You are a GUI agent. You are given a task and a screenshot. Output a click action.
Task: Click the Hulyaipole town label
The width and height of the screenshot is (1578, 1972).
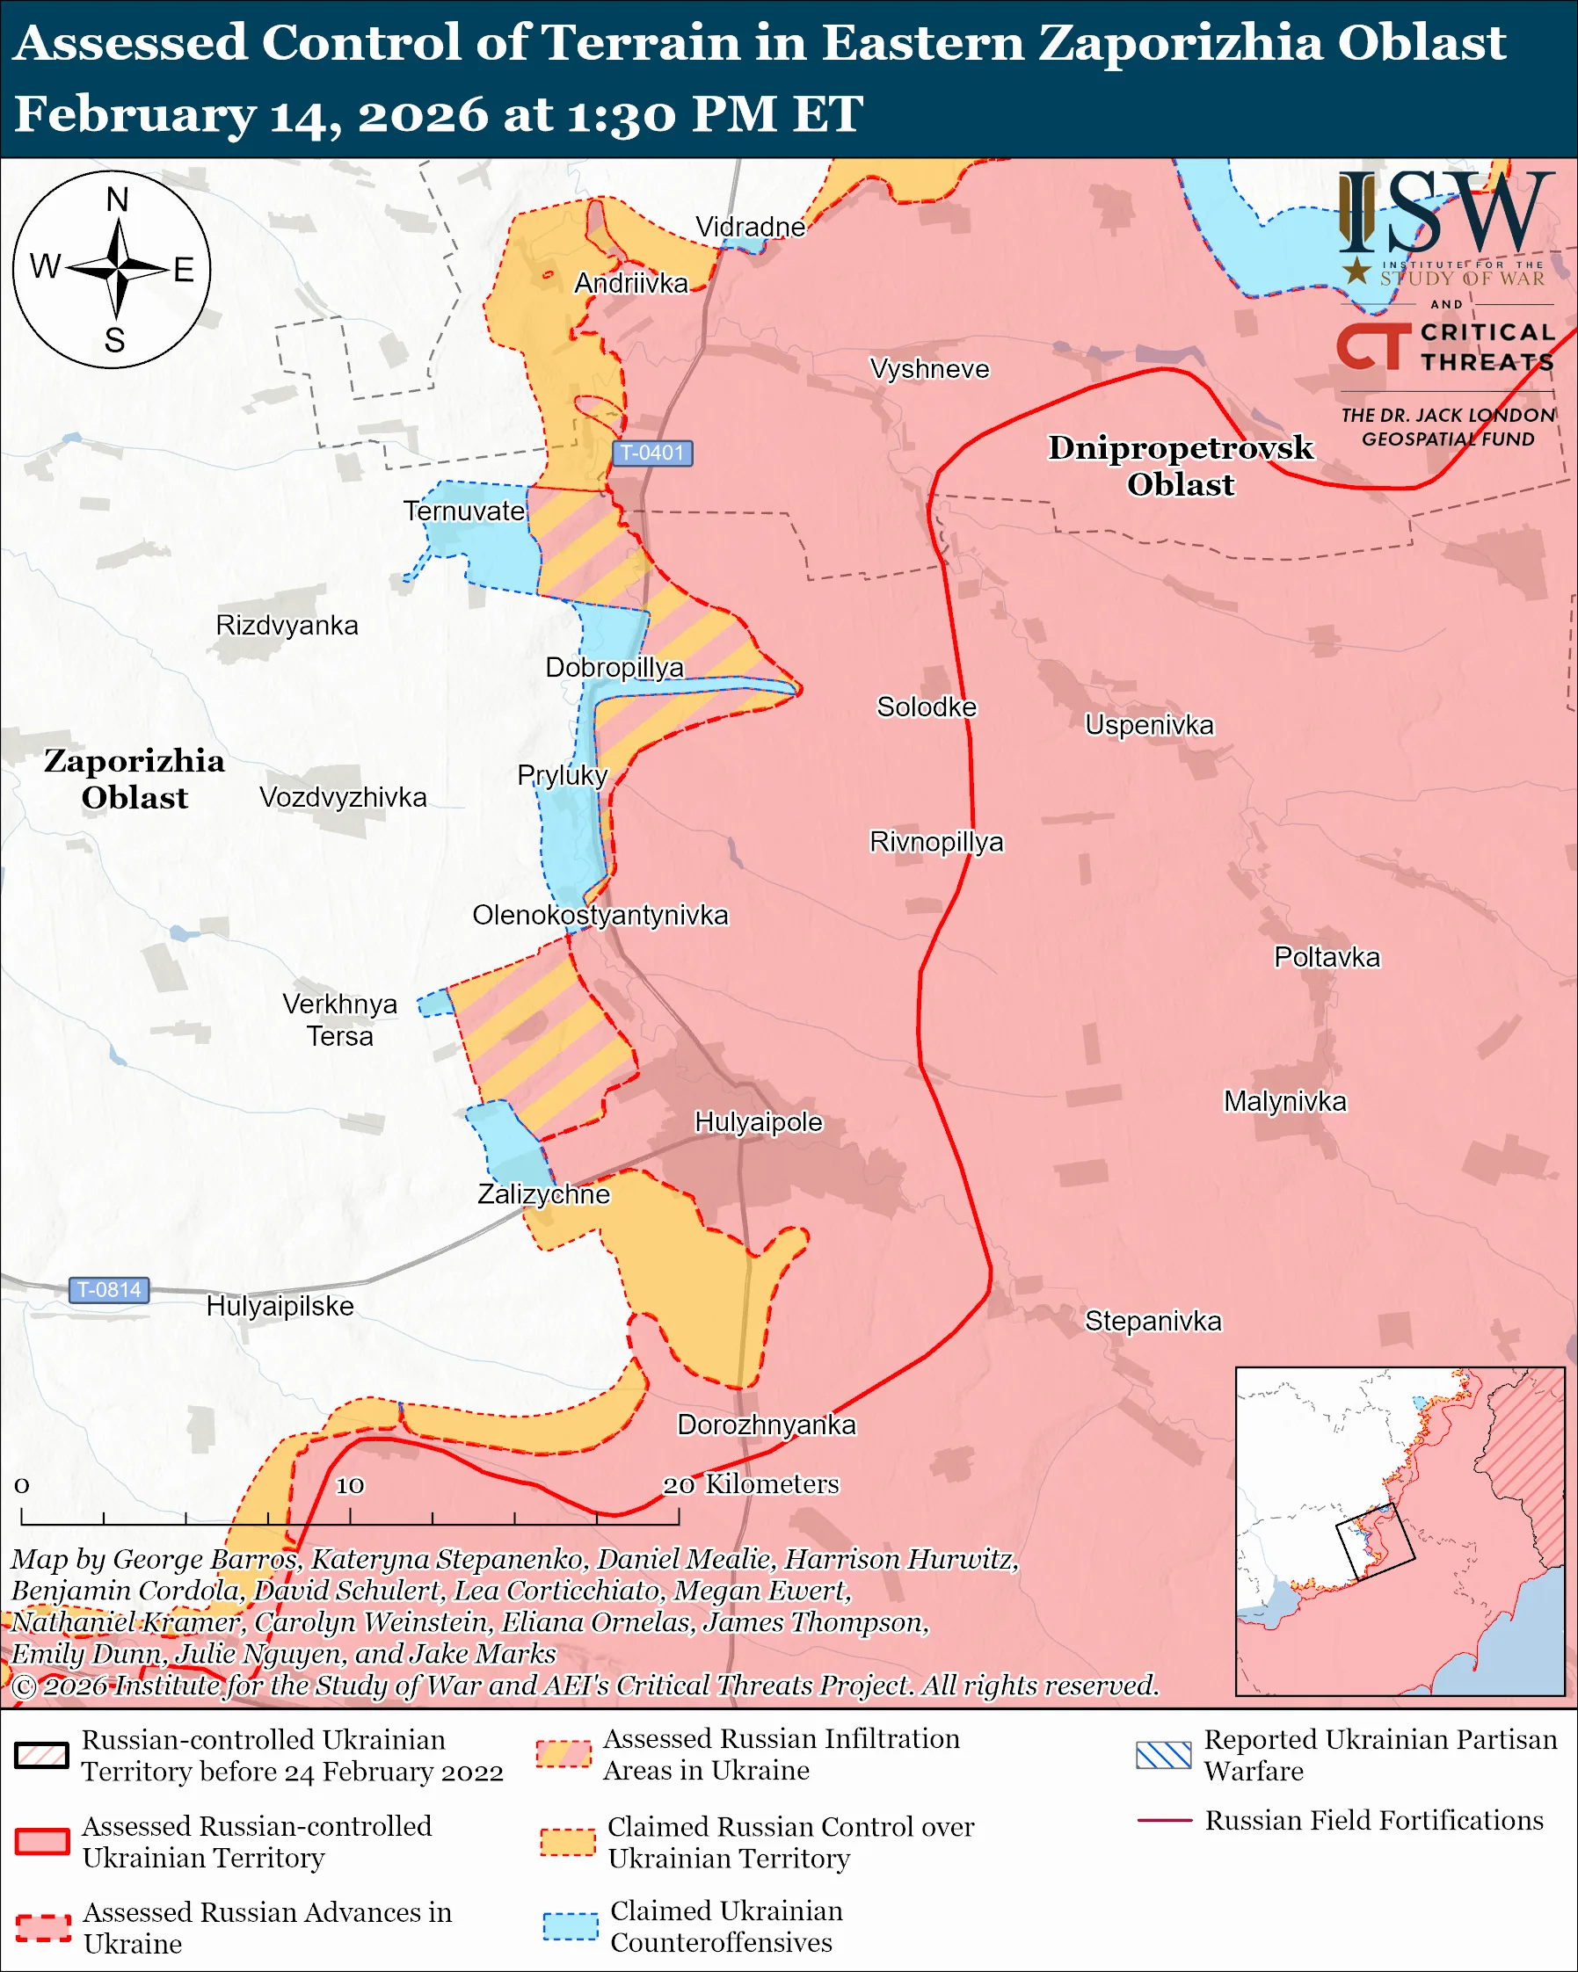[759, 1122]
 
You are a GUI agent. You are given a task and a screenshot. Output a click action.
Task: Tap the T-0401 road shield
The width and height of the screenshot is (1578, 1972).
[651, 453]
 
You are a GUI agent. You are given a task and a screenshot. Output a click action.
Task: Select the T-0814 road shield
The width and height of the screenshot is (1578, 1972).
[109, 1290]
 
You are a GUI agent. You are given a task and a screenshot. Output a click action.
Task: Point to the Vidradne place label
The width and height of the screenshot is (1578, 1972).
[750, 226]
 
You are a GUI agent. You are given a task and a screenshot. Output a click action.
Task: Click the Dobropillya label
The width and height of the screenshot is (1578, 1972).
[614, 667]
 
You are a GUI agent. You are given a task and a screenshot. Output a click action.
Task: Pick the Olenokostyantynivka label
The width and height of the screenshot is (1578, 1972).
[600, 915]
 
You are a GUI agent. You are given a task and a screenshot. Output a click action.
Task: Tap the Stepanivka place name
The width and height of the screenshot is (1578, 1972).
[1153, 1321]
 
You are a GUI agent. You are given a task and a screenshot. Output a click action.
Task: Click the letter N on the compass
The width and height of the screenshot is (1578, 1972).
[117, 199]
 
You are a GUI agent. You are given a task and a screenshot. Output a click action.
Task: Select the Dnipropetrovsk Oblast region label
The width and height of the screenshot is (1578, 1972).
[1180, 466]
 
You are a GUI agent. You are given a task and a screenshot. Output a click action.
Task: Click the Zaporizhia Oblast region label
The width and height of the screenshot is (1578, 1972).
[135, 779]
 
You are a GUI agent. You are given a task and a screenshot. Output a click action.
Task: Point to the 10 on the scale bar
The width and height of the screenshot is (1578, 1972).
[350, 1485]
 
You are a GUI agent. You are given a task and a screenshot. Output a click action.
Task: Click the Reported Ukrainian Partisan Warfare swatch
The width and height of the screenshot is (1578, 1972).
[1164, 1755]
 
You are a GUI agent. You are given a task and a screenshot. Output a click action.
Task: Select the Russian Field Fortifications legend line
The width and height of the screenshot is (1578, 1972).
[1164, 1821]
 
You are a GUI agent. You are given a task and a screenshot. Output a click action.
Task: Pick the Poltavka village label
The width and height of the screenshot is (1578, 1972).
[1327, 957]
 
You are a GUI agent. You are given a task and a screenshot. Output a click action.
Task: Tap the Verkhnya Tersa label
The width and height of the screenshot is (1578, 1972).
[339, 1020]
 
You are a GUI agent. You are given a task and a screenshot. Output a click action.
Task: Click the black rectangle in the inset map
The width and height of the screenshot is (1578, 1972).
[1375, 1542]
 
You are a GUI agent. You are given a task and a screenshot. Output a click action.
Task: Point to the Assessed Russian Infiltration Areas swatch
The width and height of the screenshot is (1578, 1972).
[564, 1753]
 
